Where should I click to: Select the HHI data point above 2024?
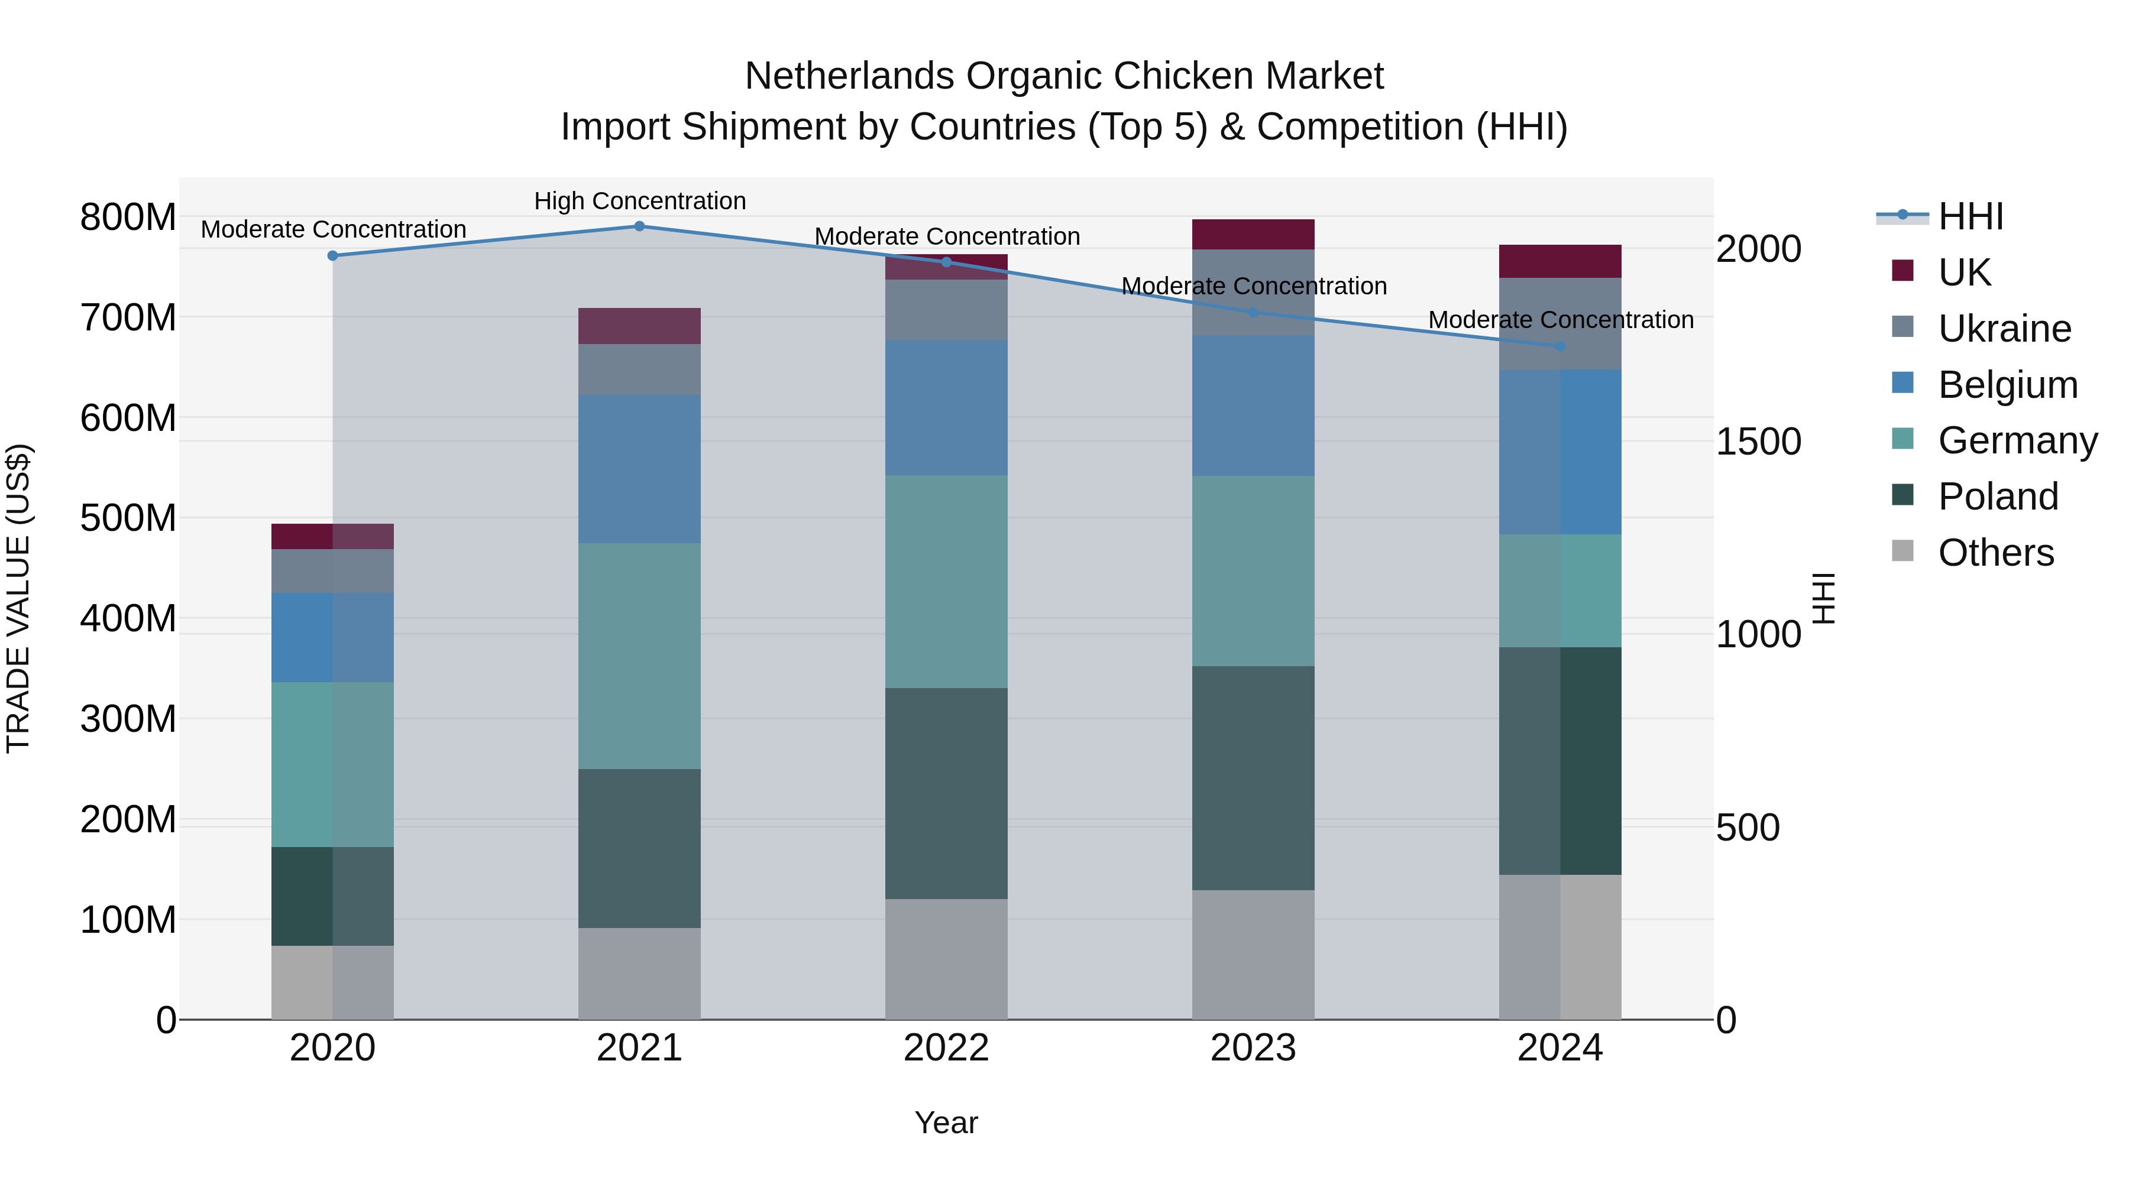1559,346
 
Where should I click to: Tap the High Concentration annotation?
640,201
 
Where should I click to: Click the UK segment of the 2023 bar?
1253,235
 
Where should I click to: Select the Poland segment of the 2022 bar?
946,793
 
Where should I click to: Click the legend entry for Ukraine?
2004,329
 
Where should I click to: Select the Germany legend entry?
2017,440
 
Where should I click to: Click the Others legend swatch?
1902,551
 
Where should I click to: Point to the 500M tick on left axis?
128,518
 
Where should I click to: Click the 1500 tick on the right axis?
1758,442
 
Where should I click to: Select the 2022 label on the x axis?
946,1048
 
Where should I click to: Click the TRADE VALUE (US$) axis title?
18,598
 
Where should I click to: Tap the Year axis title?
946,1123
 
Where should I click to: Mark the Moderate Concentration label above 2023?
1253,286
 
